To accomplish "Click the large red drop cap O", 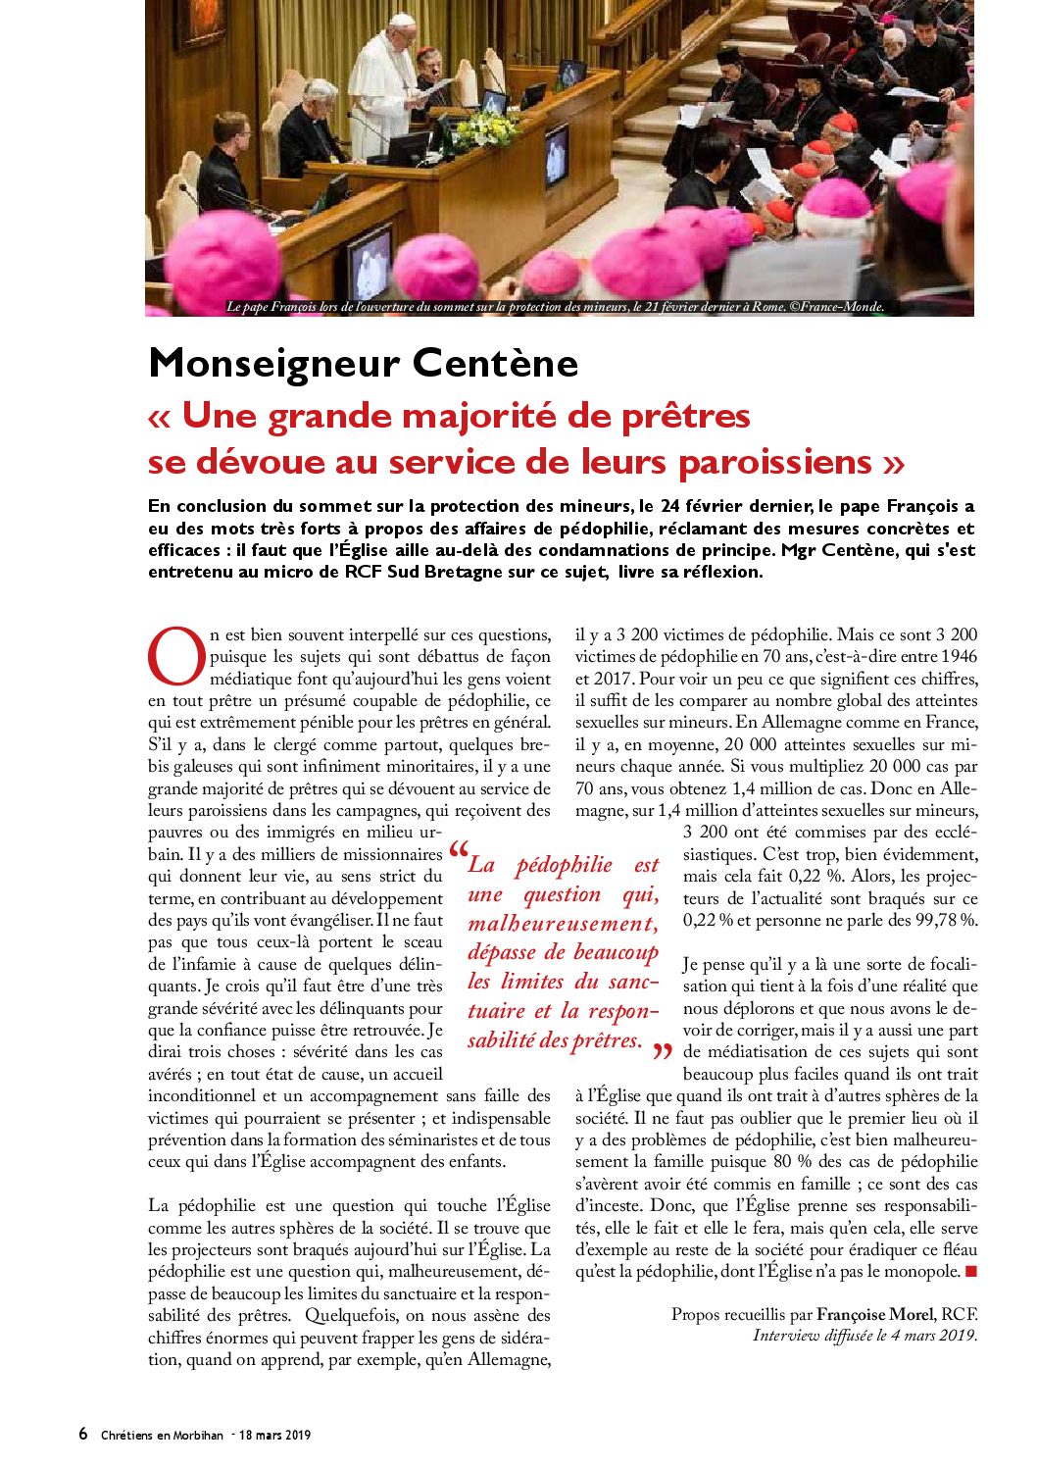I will pos(176,656).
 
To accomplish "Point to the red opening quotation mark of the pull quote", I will pos(458,853).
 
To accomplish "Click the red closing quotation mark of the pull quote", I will pos(663,1052).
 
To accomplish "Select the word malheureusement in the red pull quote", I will pos(563,924).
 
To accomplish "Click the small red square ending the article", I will pos(971,1272).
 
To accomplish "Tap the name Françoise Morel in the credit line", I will pos(875,1314).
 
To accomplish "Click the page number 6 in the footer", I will pos(83,1434).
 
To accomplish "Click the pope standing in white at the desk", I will pos(381,88).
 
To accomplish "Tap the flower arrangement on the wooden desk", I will pos(483,127).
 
